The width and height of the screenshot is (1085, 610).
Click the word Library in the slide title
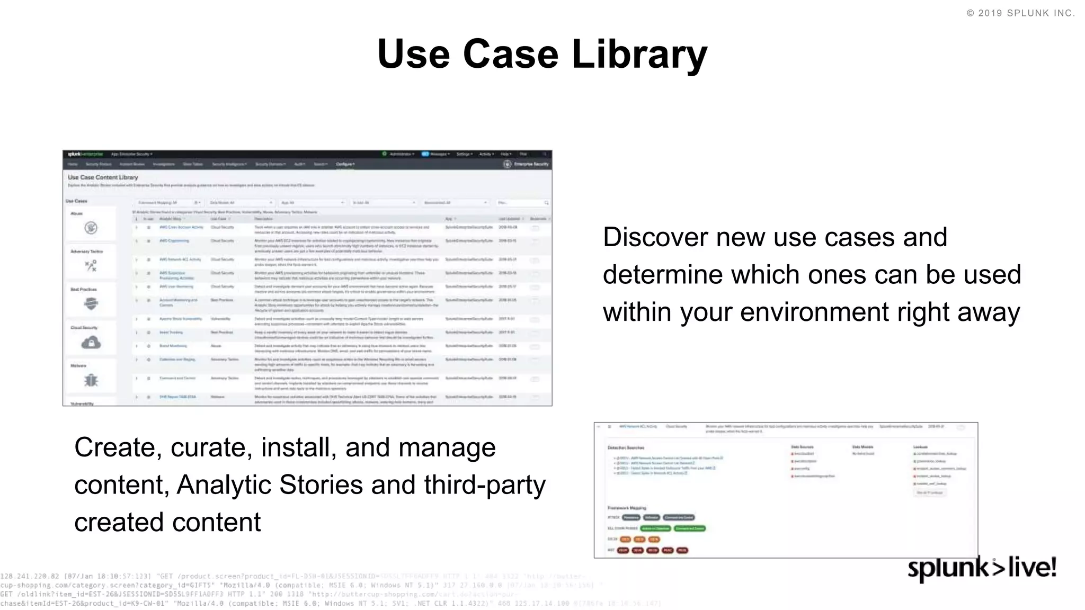pos(639,54)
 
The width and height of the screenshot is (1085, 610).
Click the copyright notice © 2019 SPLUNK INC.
pos(1020,13)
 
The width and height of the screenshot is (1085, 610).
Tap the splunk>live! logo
pos(982,568)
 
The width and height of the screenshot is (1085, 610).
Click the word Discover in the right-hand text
pos(655,237)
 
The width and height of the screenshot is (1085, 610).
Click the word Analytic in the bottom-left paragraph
pos(223,485)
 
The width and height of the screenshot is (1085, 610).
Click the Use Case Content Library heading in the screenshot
pos(103,177)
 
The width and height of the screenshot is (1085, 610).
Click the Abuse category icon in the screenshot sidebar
pos(91,228)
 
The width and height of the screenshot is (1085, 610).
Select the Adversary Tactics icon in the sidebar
pos(91,265)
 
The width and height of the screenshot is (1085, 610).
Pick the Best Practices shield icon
pos(91,303)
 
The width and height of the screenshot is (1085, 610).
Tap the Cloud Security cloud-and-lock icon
pos(91,343)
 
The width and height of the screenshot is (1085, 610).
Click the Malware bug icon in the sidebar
pos(91,380)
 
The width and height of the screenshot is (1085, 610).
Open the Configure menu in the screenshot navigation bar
pos(345,164)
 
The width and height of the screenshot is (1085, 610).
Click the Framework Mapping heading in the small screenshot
pos(627,508)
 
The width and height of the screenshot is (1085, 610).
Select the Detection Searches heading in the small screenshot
pos(626,447)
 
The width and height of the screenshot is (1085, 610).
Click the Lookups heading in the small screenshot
pos(920,447)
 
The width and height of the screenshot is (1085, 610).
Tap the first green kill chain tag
pos(655,528)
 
